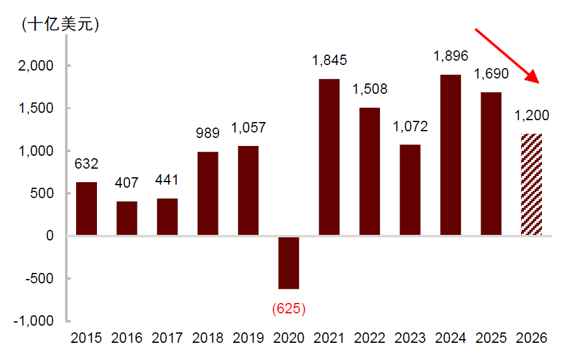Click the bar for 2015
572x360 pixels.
click(x=87, y=209)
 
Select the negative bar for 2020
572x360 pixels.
click(x=288, y=263)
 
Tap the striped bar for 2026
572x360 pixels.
click(x=531, y=185)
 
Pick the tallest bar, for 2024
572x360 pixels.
click(x=450, y=155)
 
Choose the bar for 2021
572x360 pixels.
click(x=329, y=157)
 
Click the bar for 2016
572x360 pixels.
click(x=127, y=218)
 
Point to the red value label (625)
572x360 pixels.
click(x=288, y=308)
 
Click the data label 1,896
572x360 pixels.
click(x=450, y=56)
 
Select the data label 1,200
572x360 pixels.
click(x=531, y=115)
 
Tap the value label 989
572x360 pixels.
click(x=207, y=133)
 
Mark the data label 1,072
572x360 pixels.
click(x=410, y=126)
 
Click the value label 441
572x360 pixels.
click(x=167, y=180)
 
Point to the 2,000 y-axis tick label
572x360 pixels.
click(x=36, y=66)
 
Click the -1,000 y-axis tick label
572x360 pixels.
click(x=34, y=321)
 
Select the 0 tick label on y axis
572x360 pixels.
click(x=50, y=236)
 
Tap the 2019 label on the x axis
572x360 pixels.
click(x=248, y=338)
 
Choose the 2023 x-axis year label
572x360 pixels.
click(x=410, y=338)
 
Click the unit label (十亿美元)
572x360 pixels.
click(x=61, y=25)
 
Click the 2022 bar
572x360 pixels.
click(x=369, y=171)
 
